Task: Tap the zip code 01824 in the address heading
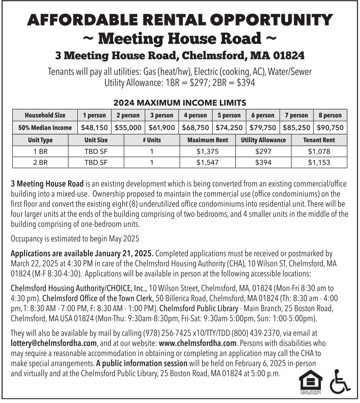(287, 55)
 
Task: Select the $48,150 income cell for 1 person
(95, 128)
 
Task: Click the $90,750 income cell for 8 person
(330, 128)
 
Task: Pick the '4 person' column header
(195, 116)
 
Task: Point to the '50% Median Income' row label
(45, 128)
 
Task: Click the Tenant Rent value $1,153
(319, 163)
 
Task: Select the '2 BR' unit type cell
(40, 163)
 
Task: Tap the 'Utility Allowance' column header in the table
(263, 140)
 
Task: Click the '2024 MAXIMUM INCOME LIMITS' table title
(180, 103)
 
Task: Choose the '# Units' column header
(152, 140)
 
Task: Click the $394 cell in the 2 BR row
(263, 163)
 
